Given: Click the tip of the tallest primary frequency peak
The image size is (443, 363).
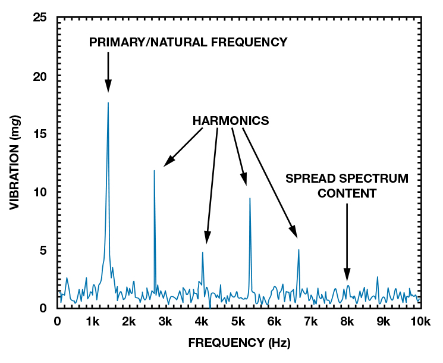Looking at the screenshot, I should tap(108, 103).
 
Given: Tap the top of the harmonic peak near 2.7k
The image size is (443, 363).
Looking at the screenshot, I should tap(154, 171).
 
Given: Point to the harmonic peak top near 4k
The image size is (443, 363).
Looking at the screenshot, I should tap(203, 252).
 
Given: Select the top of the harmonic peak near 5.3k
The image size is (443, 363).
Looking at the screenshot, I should tap(250, 198).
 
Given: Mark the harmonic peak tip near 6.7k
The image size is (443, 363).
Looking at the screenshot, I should tap(299, 250).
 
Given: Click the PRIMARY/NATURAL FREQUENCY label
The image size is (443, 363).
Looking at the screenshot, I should tap(188, 42).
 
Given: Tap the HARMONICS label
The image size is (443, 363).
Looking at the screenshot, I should tap(231, 121).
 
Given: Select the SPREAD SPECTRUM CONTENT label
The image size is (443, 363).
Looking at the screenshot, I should tap(347, 186).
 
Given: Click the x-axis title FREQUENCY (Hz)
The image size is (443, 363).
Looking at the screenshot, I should tap(239, 343).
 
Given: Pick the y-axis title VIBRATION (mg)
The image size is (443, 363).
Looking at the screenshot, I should tap(16, 162).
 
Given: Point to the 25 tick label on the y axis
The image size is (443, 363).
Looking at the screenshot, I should tap(40, 18).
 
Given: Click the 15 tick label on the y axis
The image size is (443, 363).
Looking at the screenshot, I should tap(40, 134).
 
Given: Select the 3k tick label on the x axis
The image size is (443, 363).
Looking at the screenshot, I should tap(165, 322).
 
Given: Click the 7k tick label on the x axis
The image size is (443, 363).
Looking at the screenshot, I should tap(310, 322).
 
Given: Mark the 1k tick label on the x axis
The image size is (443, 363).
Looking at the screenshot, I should tap(93, 322).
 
